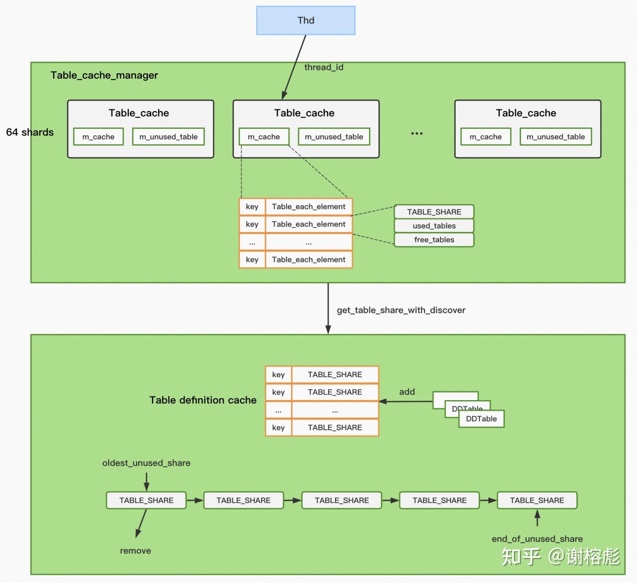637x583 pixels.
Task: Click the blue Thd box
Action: pos(306,20)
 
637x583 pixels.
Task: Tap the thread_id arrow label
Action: pos(324,67)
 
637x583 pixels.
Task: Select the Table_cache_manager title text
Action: pos(104,75)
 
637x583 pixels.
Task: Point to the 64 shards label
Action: pos(30,132)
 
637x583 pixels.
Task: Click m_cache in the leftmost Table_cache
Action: pos(98,137)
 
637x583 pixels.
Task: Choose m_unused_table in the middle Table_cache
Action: pos(334,137)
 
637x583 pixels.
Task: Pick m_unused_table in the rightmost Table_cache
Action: pos(555,137)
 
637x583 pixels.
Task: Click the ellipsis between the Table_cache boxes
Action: pos(417,134)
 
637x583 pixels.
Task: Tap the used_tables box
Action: pos(434,226)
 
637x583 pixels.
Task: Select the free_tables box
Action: pos(434,240)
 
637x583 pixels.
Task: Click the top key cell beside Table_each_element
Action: pos(252,207)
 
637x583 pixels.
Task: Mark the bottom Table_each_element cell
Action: pos(309,260)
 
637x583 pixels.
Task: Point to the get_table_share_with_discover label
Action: pos(401,310)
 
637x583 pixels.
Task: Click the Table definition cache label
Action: pos(203,400)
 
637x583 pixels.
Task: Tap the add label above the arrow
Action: pos(407,392)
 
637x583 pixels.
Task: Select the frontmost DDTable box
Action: pos(481,419)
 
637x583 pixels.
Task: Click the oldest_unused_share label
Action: pos(146,463)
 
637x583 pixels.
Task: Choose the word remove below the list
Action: pos(135,551)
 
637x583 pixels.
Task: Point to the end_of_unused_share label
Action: pos(537,539)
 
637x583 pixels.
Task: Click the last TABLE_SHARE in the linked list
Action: pos(537,501)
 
